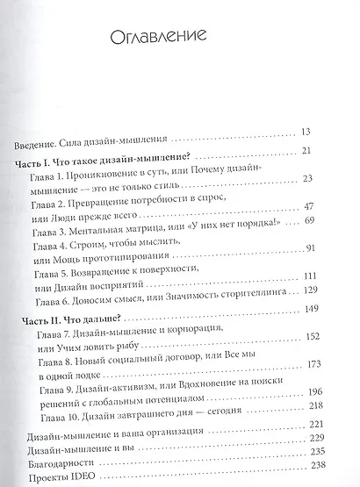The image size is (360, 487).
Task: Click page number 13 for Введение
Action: pos(306,132)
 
